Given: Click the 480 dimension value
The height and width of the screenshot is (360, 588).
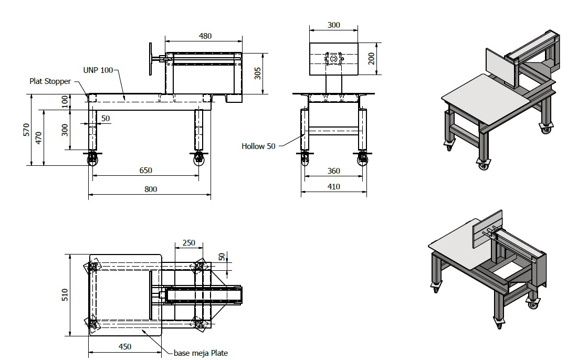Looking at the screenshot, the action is tap(205, 36).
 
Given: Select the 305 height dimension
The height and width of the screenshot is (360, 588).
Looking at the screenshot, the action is tap(258, 73).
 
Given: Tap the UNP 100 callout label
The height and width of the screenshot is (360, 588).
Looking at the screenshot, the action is tap(98, 70).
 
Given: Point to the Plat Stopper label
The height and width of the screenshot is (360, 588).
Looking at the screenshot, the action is tap(50, 81).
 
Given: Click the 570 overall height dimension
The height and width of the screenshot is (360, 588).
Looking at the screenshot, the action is tap(27, 130).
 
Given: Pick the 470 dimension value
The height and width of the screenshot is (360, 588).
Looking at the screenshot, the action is tap(39, 137).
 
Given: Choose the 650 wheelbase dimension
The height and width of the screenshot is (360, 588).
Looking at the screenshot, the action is tap(146, 170).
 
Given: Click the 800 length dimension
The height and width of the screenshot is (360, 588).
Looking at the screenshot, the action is tap(151, 189).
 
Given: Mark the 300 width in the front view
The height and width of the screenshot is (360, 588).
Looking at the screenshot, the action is tap(334, 25).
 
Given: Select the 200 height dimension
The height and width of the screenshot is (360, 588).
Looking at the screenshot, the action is tap(371, 58).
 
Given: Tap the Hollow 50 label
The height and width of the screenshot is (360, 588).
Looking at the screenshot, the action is tap(258, 146).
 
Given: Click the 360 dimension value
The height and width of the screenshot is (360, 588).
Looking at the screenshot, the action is tap(334, 171).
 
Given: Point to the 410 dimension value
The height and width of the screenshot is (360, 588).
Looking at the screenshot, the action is tap(334, 187).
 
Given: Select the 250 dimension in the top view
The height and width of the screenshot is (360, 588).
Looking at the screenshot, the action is tap(189, 242).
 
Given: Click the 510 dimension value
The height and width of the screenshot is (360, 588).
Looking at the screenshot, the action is tap(65, 295).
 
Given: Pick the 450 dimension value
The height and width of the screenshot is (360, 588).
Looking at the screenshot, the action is tap(125, 346).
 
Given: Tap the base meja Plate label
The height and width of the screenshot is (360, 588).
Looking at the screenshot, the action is tap(201, 353).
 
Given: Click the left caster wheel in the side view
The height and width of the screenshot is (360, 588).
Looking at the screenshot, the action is tap(92, 161).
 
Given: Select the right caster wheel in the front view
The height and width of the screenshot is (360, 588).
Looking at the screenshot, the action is tap(363, 160).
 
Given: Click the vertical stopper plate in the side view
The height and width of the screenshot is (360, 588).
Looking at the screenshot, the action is tap(151, 58).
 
